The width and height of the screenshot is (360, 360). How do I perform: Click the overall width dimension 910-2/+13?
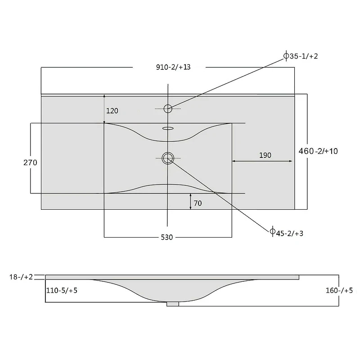[173, 67]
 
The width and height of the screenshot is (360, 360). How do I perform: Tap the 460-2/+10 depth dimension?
[318, 151]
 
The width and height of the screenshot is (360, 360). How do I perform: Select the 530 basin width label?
[166, 237]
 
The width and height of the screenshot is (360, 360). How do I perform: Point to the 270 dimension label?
[30, 162]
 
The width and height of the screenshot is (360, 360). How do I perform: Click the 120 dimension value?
[112, 111]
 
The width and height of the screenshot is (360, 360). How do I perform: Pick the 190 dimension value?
[265, 155]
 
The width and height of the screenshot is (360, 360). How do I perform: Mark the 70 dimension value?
[198, 203]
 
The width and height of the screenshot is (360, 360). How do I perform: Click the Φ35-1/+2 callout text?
[301, 56]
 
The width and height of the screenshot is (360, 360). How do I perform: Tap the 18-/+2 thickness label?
[21, 277]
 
